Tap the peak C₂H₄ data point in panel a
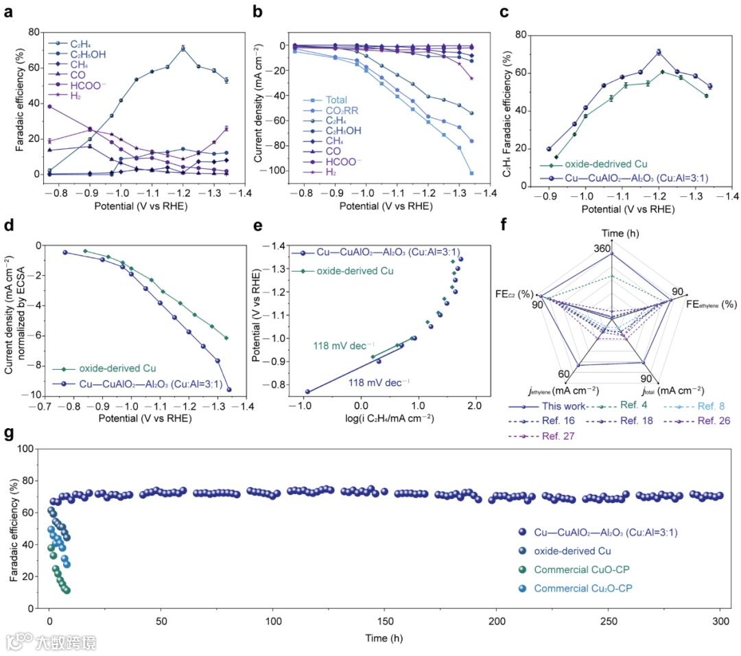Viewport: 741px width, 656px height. pyautogui.click(x=183, y=48)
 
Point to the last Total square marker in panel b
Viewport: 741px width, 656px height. pyautogui.click(x=472, y=173)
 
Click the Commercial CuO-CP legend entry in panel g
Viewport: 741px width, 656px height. pyautogui.click(x=574, y=570)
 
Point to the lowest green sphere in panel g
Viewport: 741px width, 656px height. pyautogui.click(x=66, y=590)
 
